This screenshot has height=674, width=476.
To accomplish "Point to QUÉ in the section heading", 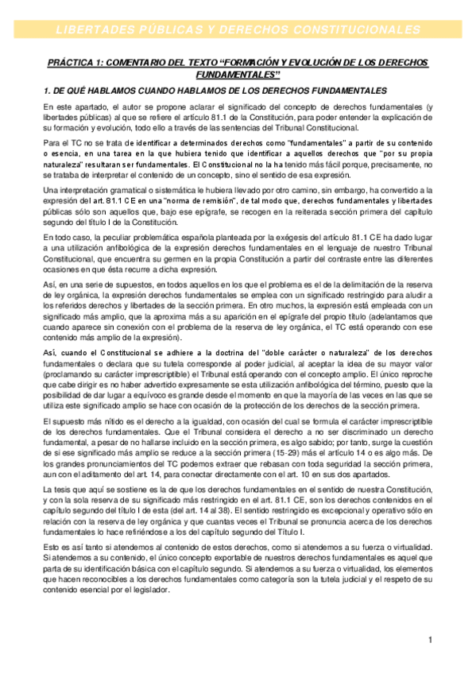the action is (x=76, y=91).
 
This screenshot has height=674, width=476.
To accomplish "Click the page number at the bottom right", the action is (x=429, y=640).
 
